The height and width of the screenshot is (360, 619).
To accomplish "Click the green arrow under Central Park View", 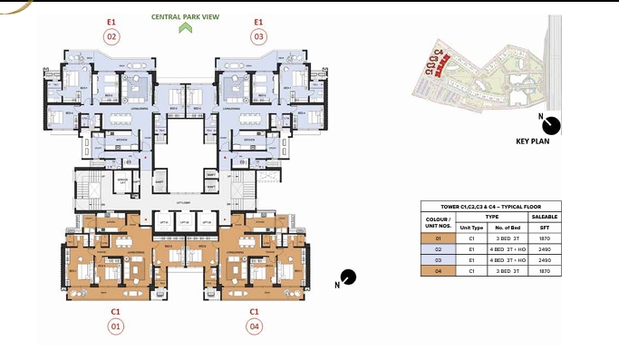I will click(x=186, y=27).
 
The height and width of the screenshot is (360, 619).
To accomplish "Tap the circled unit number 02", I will click(x=112, y=37).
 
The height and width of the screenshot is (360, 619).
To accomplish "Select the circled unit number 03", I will click(x=258, y=37).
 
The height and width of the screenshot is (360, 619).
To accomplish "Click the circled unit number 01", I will click(x=115, y=326).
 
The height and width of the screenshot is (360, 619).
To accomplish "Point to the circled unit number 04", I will click(x=255, y=326).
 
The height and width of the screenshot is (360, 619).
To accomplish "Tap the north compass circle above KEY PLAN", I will click(x=552, y=125).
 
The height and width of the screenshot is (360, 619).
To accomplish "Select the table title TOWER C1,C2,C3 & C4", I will click(x=490, y=207).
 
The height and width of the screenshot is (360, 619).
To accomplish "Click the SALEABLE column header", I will click(x=544, y=217).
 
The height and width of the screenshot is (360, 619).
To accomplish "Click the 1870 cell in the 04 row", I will click(x=544, y=270).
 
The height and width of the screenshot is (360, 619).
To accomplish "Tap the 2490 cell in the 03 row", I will click(x=544, y=259).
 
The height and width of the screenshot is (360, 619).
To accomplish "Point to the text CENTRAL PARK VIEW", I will click(x=186, y=15).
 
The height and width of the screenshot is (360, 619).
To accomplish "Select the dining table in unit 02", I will click(x=120, y=120).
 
